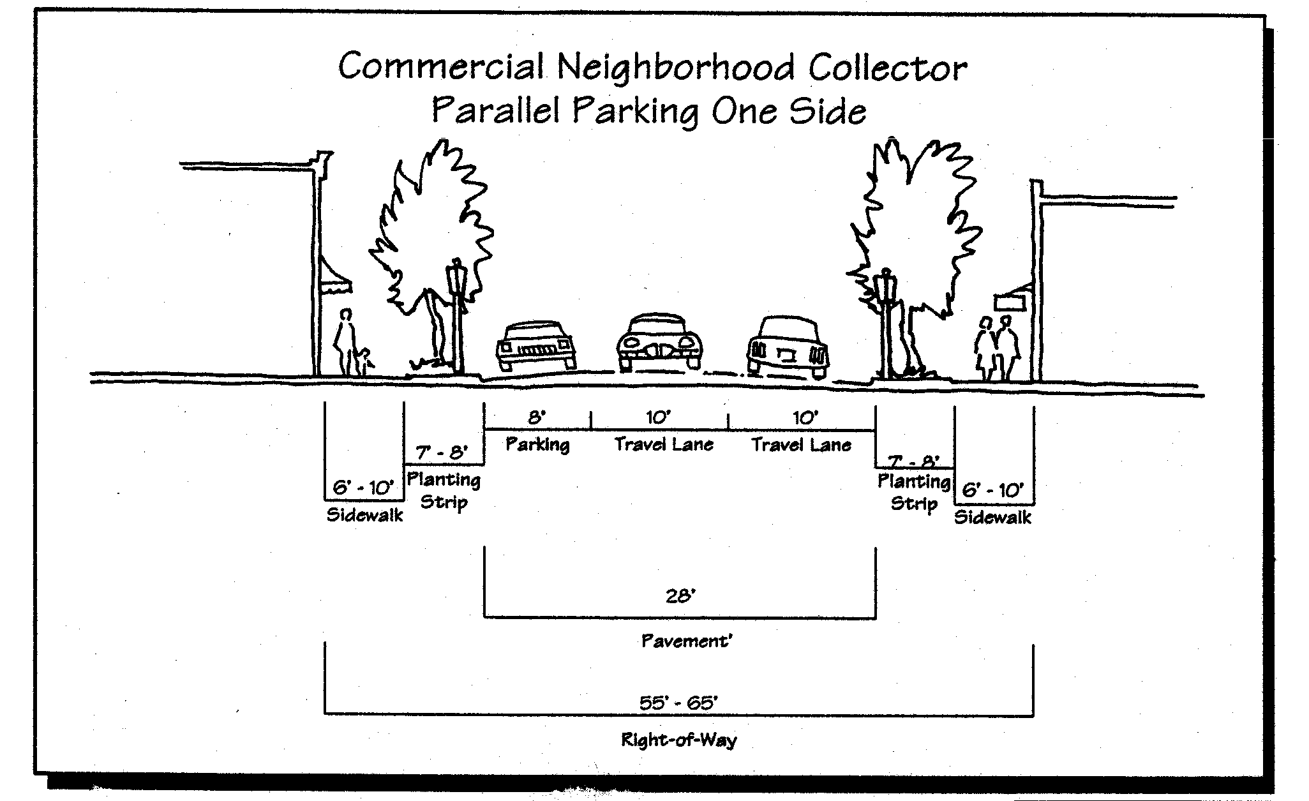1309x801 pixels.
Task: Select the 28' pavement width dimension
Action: tap(680, 596)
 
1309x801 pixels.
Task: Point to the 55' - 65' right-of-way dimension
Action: tap(678, 703)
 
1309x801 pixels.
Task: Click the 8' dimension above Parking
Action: tap(536, 417)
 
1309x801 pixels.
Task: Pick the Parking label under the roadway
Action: tap(537, 444)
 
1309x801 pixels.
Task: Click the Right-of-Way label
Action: tap(678, 740)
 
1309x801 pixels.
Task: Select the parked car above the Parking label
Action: tap(536, 347)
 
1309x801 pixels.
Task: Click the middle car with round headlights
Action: tap(659, 342)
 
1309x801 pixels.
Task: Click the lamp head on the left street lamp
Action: tap(457, 276)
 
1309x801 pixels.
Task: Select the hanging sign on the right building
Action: tap(1011, 299)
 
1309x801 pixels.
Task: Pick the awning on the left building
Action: tap(335, 276)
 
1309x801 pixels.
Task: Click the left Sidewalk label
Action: tap(364, 515)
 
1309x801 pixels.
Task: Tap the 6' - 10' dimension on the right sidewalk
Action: tap(992, 490)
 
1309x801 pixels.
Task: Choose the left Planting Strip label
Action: tap(444, 490)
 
